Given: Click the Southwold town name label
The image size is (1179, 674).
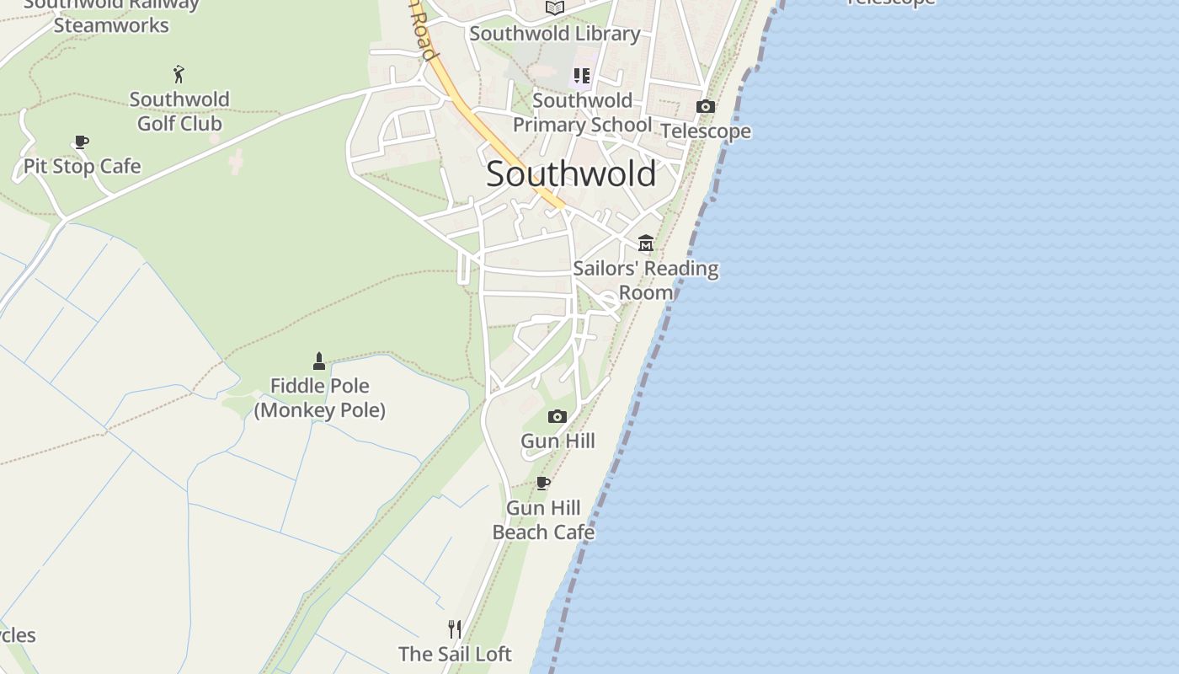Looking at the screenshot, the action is click(x=571, y=174).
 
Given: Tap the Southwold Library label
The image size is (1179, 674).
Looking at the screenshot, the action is click(x=555, y=34).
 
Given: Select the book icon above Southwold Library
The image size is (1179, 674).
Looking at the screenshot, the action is click(x=555, y=8).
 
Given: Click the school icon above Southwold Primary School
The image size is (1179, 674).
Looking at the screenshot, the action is click(x=582, y=76).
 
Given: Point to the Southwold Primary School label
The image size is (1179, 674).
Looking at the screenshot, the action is click(x=582, y=112).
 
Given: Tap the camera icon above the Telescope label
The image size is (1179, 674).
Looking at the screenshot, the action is click(x=706, y=106).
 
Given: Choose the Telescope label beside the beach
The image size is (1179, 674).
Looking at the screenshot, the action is click(x=706, y=131).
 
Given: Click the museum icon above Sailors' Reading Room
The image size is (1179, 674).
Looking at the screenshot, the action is click(x=646, y=243).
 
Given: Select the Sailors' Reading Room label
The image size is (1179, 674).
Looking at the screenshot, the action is click(x=646, y=280).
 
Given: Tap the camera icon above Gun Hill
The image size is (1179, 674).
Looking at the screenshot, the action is click(x=557, y=416).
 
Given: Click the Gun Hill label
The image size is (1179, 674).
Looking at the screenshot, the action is click(x=557, y=441).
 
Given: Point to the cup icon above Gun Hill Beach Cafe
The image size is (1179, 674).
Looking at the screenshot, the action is click(x=543, y=484).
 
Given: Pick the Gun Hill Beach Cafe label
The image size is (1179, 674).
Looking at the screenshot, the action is click(x=543, y=520).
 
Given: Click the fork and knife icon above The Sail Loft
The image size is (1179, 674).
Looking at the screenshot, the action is click(x=455, y=629).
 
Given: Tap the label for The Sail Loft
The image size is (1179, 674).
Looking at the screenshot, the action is click(x=455, y=654).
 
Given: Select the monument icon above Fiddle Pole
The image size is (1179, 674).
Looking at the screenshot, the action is click(x=319, y=361).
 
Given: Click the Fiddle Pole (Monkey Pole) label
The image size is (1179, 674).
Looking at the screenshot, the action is click(x=319, y=398).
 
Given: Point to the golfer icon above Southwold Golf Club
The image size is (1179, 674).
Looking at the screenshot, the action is click(x=179, y=74).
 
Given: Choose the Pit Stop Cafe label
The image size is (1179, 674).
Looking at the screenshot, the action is click(x=82, y=166).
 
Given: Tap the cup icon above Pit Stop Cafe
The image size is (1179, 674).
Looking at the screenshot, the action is click(x=82, y=142).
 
